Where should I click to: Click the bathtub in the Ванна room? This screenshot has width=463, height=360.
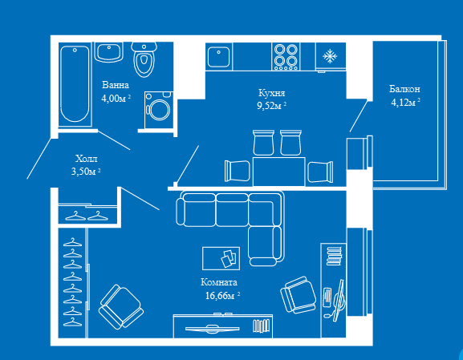(x=75, y=84)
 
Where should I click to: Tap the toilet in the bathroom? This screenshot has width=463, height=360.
(x=144, y=59)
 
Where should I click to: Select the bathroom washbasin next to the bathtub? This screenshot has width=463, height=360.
(x=108, y=52)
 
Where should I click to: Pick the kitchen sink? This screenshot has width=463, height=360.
(x=218, y=57)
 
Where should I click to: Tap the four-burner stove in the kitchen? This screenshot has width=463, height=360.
(x=286, y=56)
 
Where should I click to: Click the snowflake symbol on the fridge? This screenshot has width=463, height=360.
(x=330, y=56)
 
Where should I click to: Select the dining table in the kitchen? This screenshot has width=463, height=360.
(x=279, y=172)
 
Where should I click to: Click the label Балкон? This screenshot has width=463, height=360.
(x=404, y=89)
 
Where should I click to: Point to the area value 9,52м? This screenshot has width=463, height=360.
(x=269, y=105)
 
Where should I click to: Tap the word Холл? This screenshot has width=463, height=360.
(x=86, y=159)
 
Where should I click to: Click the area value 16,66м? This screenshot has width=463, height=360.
(x=220, y=295)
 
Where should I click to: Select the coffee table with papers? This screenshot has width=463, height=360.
(x=221, y=258)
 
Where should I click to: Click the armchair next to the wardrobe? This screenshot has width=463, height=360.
(x=121, y=306)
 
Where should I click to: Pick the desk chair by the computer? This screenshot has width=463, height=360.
(x=299, y=295)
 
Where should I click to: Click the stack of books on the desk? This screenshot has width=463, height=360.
(x=334, y=256)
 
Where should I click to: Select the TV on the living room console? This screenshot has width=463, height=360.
(x=213, y=329)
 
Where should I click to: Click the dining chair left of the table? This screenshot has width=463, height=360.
(x=237, y=171)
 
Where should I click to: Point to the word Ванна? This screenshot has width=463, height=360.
(x=116, y=85)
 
